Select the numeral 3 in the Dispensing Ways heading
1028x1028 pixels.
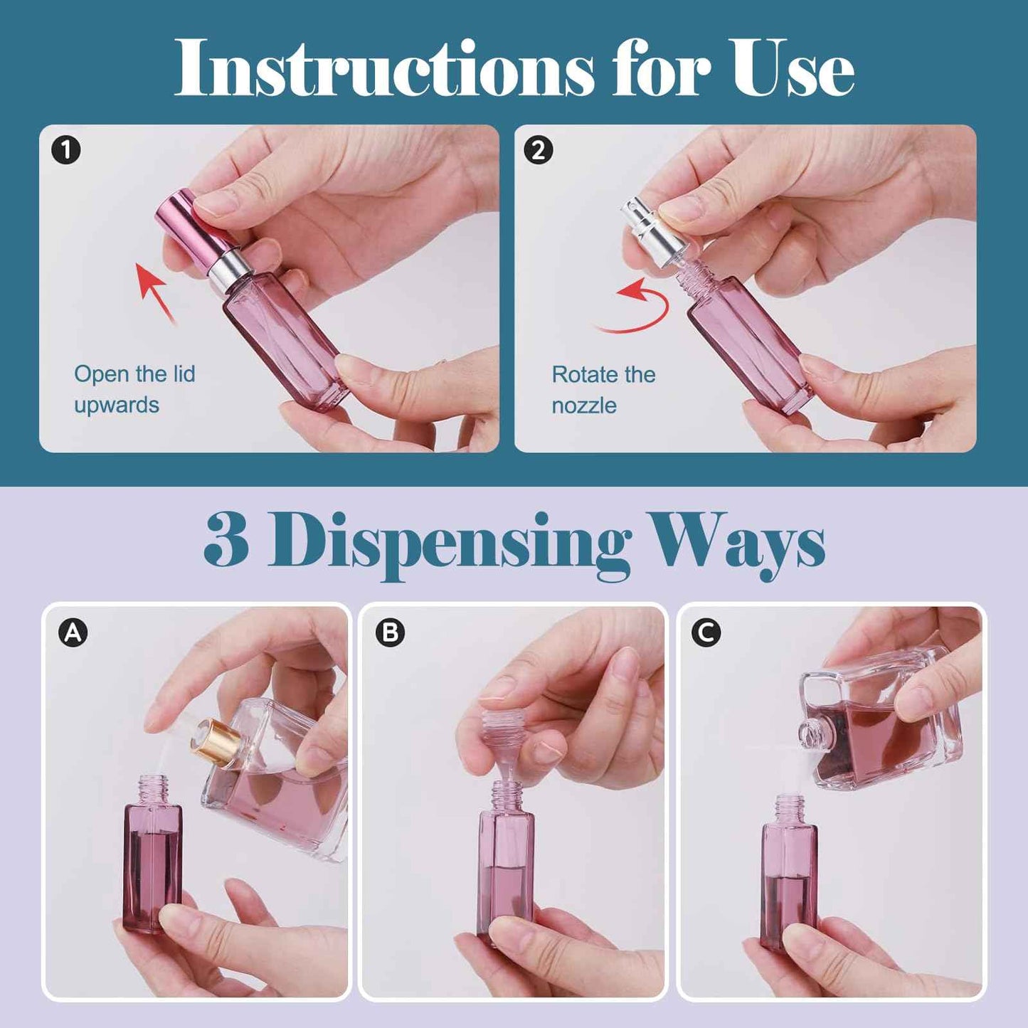(x=226, y=541)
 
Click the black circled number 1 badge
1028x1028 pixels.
(x=66, y=151)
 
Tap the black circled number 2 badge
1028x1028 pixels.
(x=538, y=151)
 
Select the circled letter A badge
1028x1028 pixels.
(x=73, y=632)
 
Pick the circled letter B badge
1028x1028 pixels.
(x=390, y=632)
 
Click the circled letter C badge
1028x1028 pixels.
(x=706, y=632)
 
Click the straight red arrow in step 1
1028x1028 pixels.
(x=154, y=290)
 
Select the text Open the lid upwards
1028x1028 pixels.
(x=134, y=389)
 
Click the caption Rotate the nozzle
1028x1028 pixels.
(x=603, y=390)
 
